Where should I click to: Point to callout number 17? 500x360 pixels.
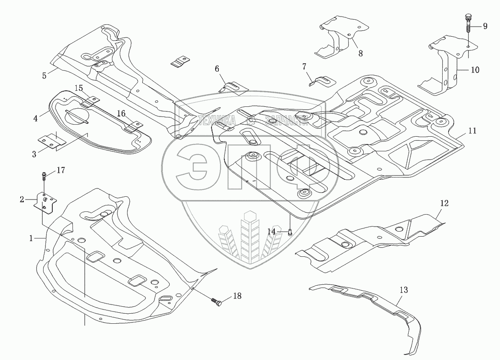click(61, 171)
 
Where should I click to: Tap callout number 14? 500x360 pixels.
click(272, 232)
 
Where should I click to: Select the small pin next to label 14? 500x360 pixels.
click(290, 232)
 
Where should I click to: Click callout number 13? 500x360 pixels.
click(404, 290)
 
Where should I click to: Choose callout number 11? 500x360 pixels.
click(472, 131)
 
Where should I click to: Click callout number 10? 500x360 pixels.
click(474, 70)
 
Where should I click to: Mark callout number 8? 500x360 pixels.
click(360, 54)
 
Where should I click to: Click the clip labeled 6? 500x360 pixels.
click(232, 86)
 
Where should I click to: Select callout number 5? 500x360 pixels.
click(44, 76)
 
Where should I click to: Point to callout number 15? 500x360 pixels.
click(79, 88)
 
